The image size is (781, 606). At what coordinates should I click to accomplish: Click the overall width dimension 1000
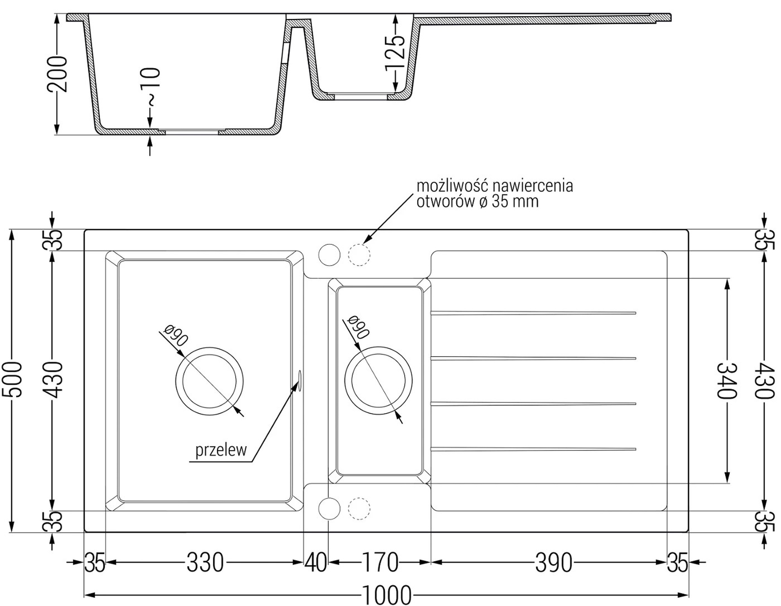click(x=387, y=595)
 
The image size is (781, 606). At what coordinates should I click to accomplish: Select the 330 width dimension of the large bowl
click(x=205, y=563)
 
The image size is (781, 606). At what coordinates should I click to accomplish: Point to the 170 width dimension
click(x=380, y=563)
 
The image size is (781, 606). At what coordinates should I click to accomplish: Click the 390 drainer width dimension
click(x=554, y=563)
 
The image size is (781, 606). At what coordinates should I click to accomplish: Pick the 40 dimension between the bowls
click(x=316, y=563)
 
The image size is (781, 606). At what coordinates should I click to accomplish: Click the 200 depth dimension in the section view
click(x=57, y=74)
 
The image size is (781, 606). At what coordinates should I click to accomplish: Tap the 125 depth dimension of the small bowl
click(x=396, y=54)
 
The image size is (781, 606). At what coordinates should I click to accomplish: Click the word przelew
click(x=221, y=450)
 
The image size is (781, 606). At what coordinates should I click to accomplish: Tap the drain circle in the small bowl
click(x=378, y=380)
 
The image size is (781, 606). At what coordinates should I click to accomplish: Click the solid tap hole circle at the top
click(x=329, y=255)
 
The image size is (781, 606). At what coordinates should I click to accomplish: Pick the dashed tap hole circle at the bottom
click(x=359, y=509)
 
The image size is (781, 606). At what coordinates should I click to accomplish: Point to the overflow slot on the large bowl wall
click(x=300, y=380)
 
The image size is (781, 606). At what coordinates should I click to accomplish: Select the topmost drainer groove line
click(x=533, y=313)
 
